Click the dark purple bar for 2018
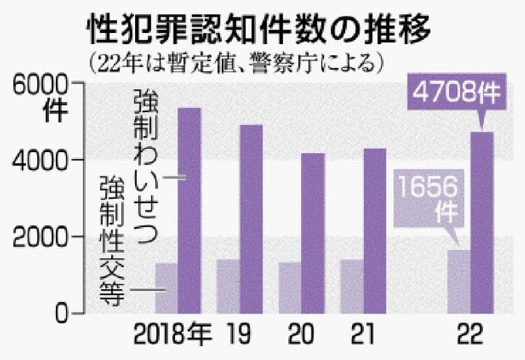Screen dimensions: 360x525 point(190,210)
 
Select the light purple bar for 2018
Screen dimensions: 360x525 point(167,288)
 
